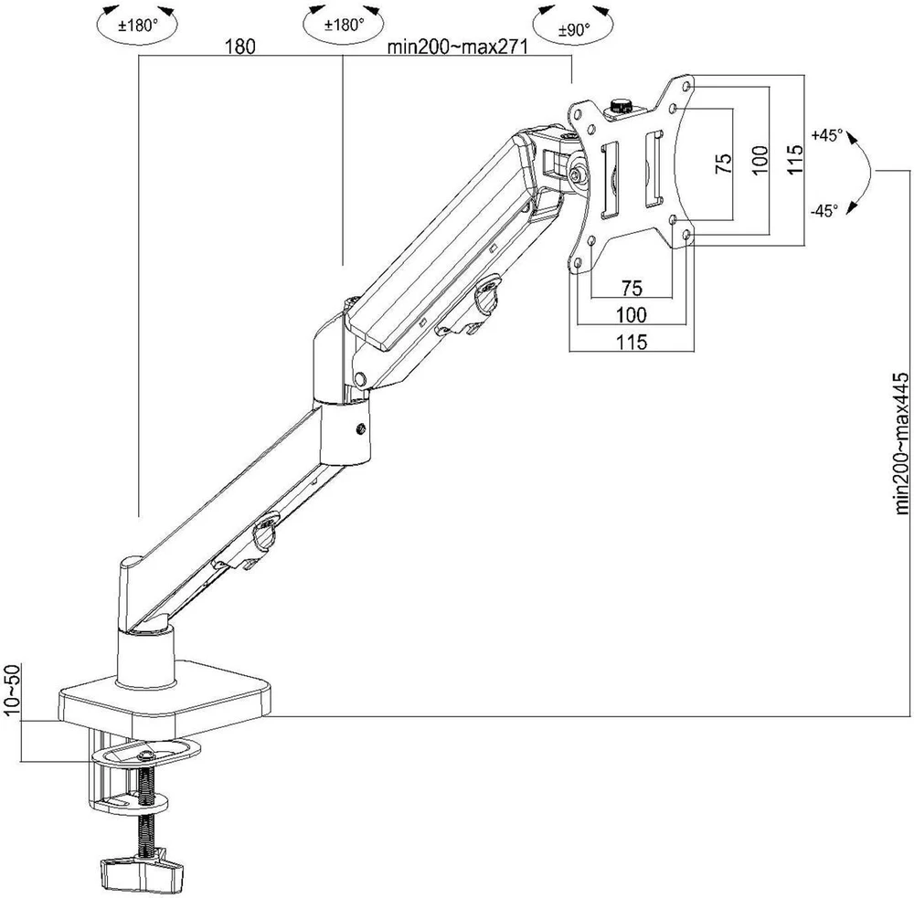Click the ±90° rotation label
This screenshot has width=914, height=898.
[x=574, y=30]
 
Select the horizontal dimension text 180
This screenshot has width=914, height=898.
[x=240, y=47]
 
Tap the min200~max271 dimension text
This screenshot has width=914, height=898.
[x=458, y=47]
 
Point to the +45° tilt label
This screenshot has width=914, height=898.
[x=827, y=135]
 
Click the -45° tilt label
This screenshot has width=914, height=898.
[x=824, y=211]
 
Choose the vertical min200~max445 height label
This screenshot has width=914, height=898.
[x=901, y=443]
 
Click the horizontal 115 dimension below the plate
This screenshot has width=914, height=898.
[x=632, y=342]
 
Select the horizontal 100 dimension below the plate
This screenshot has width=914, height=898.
[x=632, y=314]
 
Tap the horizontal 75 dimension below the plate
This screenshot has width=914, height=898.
[x=632, y=288]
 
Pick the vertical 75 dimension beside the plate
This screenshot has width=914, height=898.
[x=723, y=164]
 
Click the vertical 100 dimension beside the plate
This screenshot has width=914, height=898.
[x=760, y=160]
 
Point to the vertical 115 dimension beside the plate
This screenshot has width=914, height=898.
[x=794, y=159]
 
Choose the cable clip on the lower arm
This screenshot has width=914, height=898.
[x=265, y=532]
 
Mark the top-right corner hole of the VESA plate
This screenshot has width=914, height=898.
[x=685, y=86]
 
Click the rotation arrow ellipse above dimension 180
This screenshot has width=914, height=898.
[x=136, y=25]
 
